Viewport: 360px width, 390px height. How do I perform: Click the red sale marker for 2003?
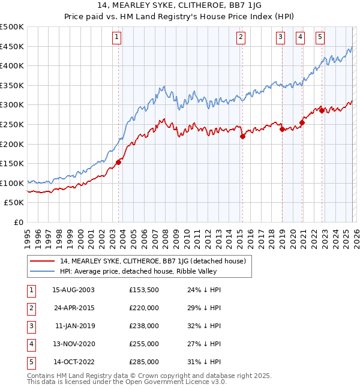click(x=118, y=161)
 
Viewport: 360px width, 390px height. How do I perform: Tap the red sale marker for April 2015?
click(x=242, y=136)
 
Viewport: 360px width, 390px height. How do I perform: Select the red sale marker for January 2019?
click(x=282, y=129)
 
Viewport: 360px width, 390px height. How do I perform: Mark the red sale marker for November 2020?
click(x=302, y=122)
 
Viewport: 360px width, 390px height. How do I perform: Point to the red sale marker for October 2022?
click(x=322, y=110)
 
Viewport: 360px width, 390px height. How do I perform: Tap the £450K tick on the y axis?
click(x=12, y=46)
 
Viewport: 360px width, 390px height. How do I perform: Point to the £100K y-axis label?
click(x=12, y=183)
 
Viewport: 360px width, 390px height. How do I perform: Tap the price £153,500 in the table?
click(x=144, y=290)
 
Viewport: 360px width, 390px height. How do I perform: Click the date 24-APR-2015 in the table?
click(x=73, y=308)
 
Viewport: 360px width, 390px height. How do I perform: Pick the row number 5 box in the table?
click(x=31, y=362)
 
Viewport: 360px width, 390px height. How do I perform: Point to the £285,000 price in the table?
click(x=144, y=362)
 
